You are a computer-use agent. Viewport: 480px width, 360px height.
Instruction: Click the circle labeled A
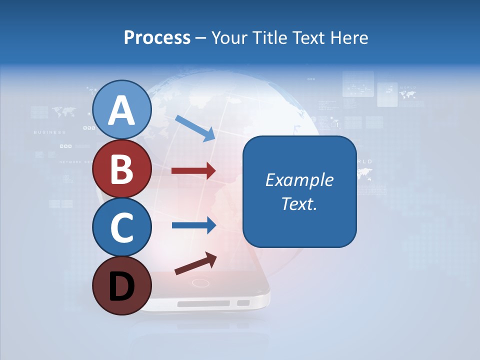click(x=121, y=110)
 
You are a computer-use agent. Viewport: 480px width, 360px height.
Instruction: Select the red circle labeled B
click(x=121, y=169)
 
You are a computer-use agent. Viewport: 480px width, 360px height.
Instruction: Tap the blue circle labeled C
click(x=121, y=227)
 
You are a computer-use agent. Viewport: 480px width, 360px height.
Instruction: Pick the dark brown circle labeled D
click(x=121, y=286)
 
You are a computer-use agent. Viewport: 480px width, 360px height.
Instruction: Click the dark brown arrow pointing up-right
click(x=195, y=263)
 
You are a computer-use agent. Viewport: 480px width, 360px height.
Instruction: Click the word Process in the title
click(x=157, y=37)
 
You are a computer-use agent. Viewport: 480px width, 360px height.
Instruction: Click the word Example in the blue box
click(x=299, y=180)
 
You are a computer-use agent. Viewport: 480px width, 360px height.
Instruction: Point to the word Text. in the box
click(x=299, y=203)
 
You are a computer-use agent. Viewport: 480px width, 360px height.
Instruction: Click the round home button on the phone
click(x=200, y=283)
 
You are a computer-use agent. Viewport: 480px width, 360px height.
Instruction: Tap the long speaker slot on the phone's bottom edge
click(x=203, y=303)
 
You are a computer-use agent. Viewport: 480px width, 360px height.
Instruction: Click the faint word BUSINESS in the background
click(x=49, y=132)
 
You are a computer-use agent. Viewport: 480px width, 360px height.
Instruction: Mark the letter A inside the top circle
click(x=121, y=110)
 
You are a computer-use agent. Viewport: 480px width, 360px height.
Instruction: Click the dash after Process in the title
click(x=201, y=38)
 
